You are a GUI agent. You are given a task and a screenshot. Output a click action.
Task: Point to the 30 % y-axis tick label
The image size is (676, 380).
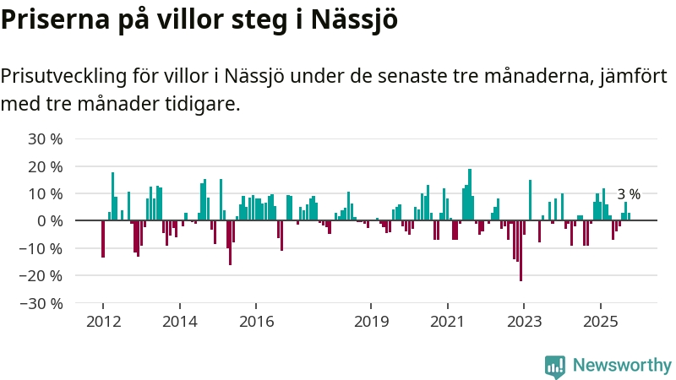tap(45, 138)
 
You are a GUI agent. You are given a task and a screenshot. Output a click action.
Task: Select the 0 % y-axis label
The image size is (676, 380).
tap(49, 220)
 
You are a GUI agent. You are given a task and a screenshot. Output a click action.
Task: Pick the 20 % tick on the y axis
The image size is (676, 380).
tap(45, 166)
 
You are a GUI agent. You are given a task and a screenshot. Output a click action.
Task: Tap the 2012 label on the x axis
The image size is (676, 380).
tap(102, 321)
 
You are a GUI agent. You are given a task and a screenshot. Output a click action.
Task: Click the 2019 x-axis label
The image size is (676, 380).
tap(370, 321)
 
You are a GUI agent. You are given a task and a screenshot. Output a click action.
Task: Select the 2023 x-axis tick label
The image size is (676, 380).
tap(523, 321)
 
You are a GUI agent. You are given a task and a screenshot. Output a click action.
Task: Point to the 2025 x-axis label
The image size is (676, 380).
tap(600, 321)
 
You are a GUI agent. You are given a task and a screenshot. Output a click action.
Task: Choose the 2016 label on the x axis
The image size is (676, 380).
tap(256, 321)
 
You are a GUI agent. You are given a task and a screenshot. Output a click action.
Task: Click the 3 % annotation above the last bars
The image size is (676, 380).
tap(629, 194)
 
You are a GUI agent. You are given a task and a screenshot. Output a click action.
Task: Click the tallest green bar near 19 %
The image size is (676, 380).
tap(470, 194)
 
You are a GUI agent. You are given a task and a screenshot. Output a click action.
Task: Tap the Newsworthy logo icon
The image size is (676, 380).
tap(555, 366)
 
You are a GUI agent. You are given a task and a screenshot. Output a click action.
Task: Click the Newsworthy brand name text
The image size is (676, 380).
tap(622, 366)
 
